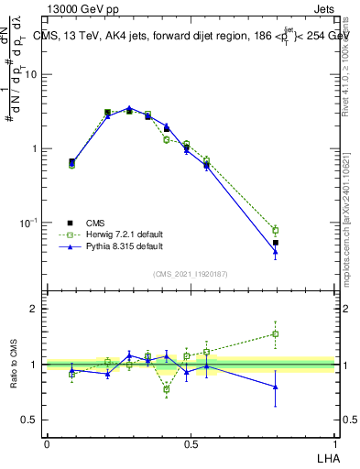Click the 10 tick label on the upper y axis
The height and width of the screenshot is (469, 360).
32,74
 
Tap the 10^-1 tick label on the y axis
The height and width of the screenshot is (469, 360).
29,223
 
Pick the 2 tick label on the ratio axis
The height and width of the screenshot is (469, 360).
35,309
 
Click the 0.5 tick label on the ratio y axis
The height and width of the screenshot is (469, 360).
29,420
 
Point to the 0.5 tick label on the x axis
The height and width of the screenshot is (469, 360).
191,443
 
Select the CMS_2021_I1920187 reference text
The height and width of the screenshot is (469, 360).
191,274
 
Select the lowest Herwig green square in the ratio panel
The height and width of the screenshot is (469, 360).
167,389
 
